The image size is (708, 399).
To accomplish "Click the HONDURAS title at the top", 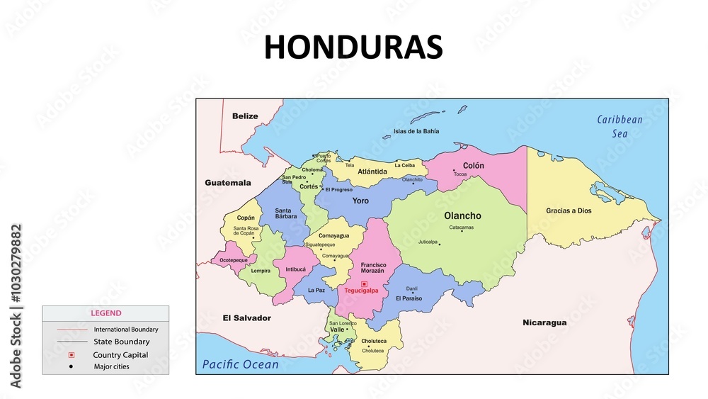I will point(353,47).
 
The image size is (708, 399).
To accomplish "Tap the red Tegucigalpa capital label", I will point(361,291).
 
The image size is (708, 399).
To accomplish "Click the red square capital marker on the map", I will point(364,283).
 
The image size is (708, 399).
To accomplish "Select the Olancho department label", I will point(462,215).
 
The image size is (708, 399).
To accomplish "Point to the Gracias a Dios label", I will point(569,210).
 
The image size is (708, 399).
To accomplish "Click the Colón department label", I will point(474,165).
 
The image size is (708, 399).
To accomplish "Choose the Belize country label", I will point(245,116).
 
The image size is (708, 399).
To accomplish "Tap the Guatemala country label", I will point(228,183).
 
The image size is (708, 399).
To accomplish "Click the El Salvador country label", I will point(246,318).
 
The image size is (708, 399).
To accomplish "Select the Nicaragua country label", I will point(544,322).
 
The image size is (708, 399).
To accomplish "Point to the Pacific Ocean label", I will point(241,364).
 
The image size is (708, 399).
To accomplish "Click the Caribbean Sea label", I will point(619,126).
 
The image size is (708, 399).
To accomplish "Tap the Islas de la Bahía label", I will point(416,131).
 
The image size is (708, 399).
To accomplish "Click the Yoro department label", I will point(361,201).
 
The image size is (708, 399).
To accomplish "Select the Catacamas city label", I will point(462,227).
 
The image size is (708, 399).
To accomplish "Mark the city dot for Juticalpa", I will point(440,245).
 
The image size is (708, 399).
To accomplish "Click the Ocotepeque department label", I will point(234,260).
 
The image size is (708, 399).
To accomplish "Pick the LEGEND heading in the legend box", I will point(105,313).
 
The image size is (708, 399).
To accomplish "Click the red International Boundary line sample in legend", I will point(72,330).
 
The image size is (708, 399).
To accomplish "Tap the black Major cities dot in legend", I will point(71,366).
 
